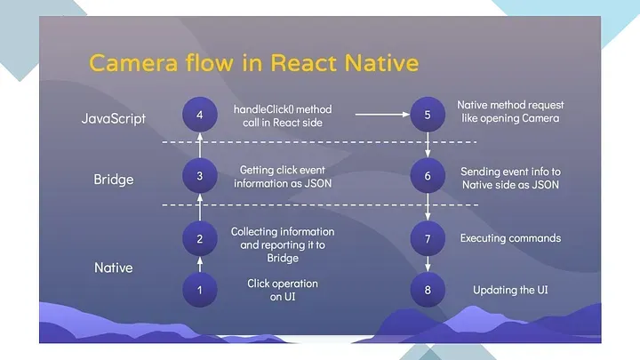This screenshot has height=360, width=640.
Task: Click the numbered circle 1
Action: coord(200,289)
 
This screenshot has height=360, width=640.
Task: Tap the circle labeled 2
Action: coord(200,238)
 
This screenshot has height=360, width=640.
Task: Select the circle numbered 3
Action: coord(200,175)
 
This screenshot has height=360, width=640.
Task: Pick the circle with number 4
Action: coord(200,114)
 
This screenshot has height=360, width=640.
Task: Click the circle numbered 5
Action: coord(428,114)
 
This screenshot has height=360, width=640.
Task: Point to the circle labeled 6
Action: coord(428,175)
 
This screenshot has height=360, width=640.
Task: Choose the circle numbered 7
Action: coord(428,238)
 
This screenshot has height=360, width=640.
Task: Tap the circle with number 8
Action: coord(428,289)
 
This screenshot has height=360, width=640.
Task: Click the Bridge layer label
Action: coord(113,179)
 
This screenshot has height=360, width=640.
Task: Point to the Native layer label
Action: coord(113,266)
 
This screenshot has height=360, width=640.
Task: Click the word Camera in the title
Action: coord(129,64)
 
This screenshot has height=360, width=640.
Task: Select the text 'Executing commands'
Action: coord(510,238)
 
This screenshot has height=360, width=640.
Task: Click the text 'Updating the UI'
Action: coord(510,291)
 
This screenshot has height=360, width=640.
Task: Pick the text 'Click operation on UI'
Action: coord(282,290)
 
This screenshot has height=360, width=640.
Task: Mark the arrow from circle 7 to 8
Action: coord(428,264)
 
